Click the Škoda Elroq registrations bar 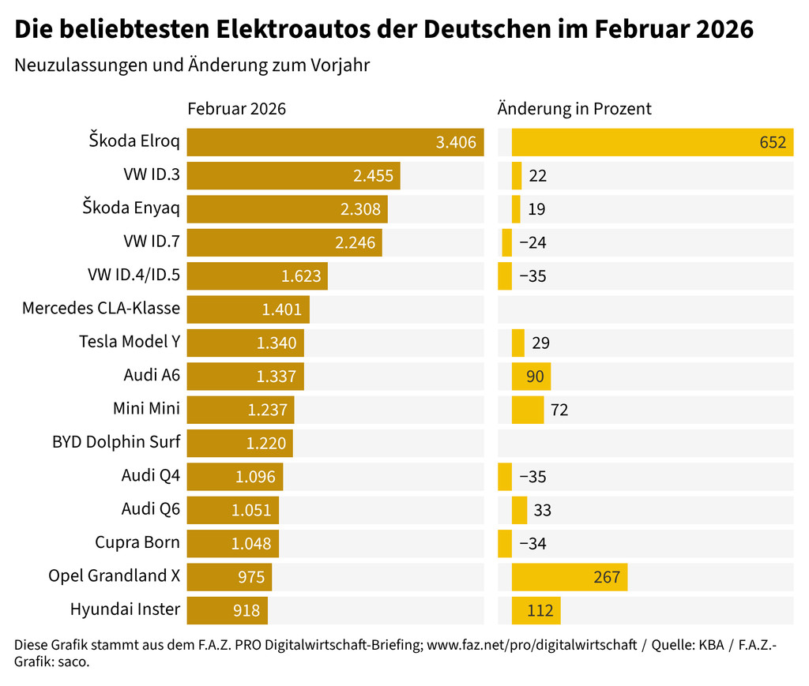click(x=335, y=142)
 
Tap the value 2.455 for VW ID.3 click(x=373, y=176)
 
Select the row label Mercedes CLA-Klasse click(x=101, y=308)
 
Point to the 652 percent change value click(x=773, y=142)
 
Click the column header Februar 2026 click(x=236, y=109)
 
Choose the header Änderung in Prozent click(x=574, y=109)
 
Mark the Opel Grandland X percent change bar click(x=569, y=577)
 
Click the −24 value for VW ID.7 click(x=532, y=242)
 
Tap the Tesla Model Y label click(x=130, y=342)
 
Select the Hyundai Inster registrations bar click(x=228, y=610)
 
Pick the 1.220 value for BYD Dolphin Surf click(x=266, y=444)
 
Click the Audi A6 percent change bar click(x=531, y=377)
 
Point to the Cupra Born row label click(x=137, y=543)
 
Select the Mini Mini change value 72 click(x=559, y=410)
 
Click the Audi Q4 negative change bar click(x=505, y=477)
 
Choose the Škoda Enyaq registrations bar click(x=287, y=209)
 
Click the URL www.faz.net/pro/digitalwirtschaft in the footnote click(x=531, y=645)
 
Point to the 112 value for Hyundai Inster click(x=541, y=610)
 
